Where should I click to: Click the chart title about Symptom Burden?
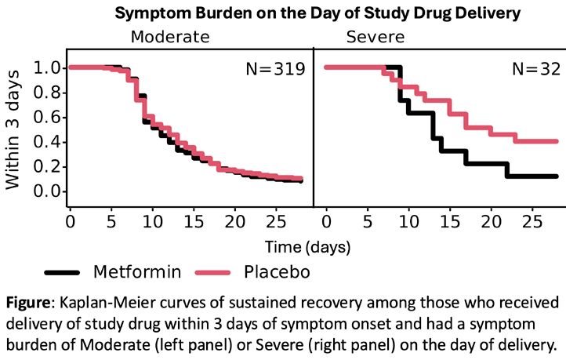tap(317, 13)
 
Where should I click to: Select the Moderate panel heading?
tap(170, 37)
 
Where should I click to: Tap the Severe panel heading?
tap(376, 37)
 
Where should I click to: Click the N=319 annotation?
tap(275, 68)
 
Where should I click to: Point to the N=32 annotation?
tap(536, 68)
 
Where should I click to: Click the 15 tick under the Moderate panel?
tap(194, 221)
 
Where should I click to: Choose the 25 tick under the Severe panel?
tap(532, 221)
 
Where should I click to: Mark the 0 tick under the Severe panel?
tap(326, 221)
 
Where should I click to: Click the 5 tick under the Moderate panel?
tap(111, 221)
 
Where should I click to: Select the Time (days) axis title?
tap(308, 247)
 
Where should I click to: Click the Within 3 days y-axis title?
tap(13, 129)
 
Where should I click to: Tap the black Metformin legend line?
tap(62, 273)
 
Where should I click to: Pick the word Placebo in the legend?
tap(277, 272)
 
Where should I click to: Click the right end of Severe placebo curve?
tap(557, 141)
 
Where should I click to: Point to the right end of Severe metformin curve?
tap(557, 176)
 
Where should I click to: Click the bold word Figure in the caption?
tap(27, 303)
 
